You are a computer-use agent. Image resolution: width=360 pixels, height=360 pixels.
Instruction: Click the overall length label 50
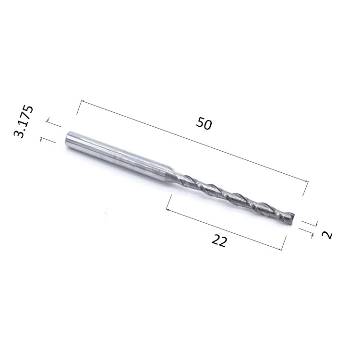(x=204, y=123)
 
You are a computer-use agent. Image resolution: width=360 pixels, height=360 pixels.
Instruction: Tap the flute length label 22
(x=219, y=240)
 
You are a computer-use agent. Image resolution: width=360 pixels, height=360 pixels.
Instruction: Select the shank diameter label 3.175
(x=24, y=122)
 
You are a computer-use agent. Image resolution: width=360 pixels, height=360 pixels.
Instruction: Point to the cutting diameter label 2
(x=327, y=235)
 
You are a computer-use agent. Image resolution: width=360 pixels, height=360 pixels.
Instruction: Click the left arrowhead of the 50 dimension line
(x=83, y=101)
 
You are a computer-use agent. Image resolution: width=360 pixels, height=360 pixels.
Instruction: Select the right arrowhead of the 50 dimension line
(x=307, y=180)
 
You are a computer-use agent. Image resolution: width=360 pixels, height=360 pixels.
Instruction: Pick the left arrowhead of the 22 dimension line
(x=168, y=210)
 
